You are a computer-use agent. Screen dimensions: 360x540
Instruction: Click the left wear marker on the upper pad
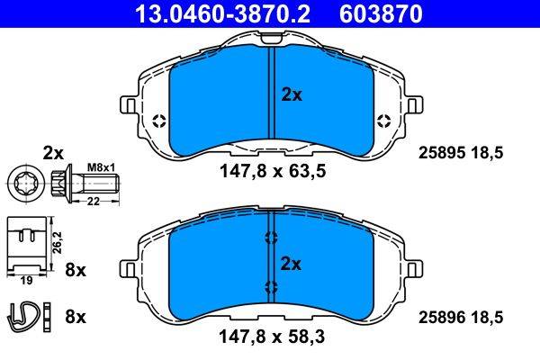tap(160, 121)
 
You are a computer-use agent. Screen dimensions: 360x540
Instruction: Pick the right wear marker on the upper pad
tap(384, 121)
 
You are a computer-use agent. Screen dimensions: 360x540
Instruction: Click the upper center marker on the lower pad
tap(270, 238)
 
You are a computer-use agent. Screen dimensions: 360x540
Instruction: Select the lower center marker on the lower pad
tap(270, 287)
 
